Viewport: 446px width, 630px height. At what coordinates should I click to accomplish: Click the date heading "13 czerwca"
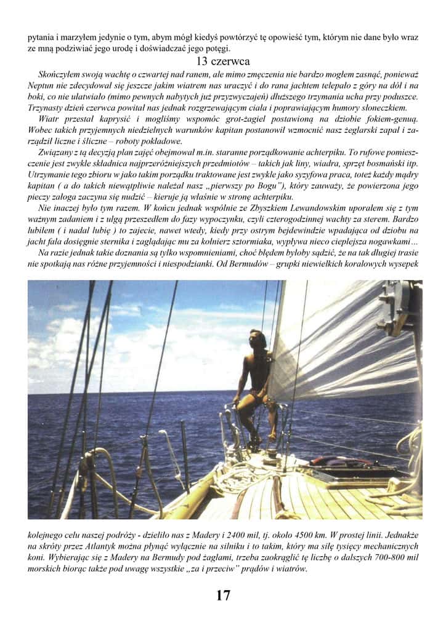tap(222, 62)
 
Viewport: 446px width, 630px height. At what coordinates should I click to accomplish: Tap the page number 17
tap(223, 595)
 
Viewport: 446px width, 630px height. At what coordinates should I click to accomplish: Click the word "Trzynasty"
tap(46, 107)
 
